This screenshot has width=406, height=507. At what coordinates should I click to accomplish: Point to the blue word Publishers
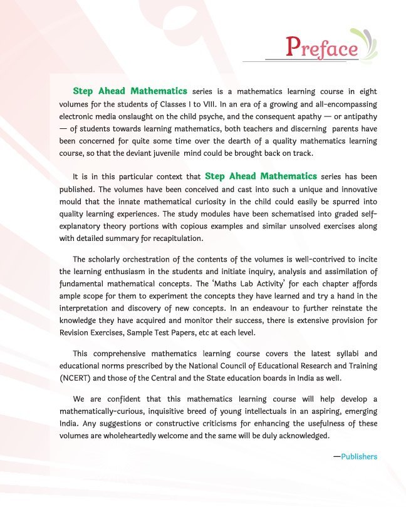(359, 456)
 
